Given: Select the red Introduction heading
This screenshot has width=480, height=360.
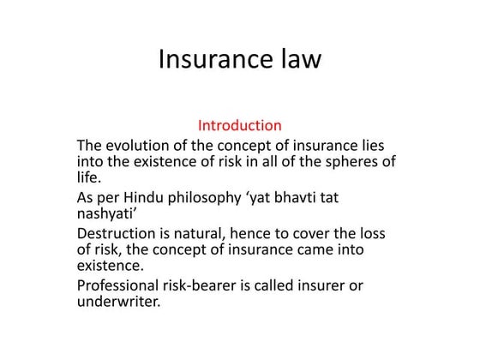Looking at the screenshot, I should (240, 125).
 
